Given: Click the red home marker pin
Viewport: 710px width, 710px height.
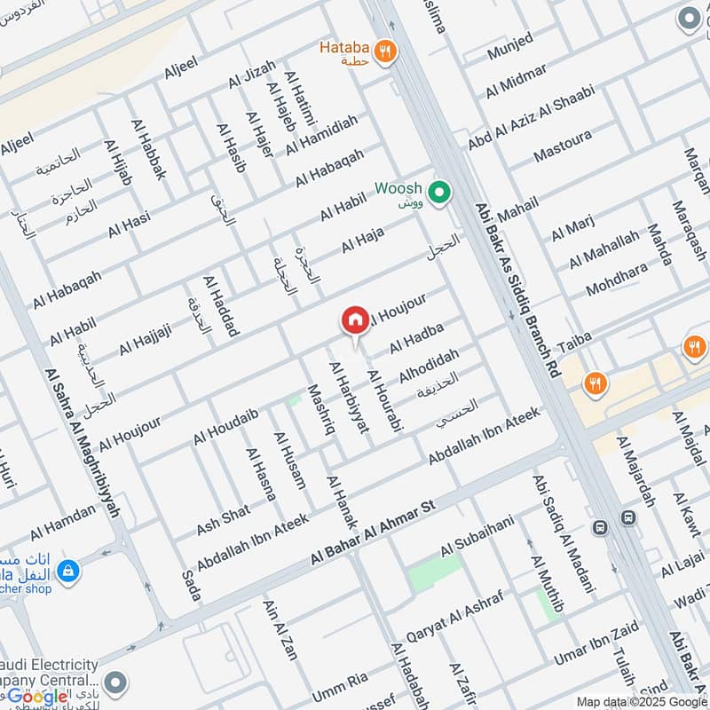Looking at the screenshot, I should pos(354,320).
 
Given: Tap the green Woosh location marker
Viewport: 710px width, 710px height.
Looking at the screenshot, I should pos(438,191).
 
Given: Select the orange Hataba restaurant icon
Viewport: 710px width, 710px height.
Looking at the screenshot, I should pos(384,51).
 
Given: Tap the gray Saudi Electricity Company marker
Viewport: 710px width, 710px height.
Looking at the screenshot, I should pos(114,682).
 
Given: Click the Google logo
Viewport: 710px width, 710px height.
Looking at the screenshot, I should pos(37,695).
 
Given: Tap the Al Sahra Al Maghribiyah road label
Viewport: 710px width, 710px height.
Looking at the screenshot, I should pos(81,444).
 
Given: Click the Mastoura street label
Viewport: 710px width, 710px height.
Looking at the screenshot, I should pos(562,147).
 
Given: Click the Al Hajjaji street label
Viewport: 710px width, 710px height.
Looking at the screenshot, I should pos(145,337).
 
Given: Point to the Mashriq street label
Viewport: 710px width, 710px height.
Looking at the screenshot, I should pos(319,409).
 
